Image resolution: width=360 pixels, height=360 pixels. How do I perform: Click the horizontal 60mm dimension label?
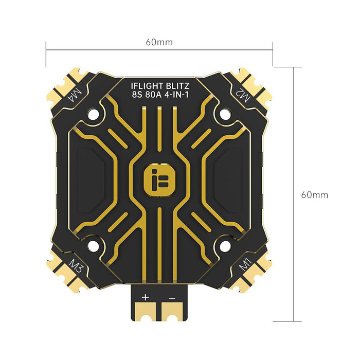click(159, 42)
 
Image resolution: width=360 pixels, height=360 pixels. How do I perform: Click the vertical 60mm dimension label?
click(314, 195)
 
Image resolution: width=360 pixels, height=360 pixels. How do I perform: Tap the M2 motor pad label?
click(242, 94)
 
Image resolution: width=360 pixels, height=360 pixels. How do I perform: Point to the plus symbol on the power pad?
click(145, 297)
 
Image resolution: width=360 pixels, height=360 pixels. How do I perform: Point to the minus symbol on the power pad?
click(172, 297)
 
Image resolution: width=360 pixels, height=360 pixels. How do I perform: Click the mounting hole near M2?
click(225, 112)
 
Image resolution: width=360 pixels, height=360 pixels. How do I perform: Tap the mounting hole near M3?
click(93, 246)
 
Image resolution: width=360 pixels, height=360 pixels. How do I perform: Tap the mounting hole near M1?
click(225, 246)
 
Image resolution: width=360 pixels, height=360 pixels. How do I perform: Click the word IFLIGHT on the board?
click(144, 85)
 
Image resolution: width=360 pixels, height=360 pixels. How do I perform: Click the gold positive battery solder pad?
click(147, 310)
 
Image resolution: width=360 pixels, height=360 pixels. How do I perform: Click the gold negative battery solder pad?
click(171, 310)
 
